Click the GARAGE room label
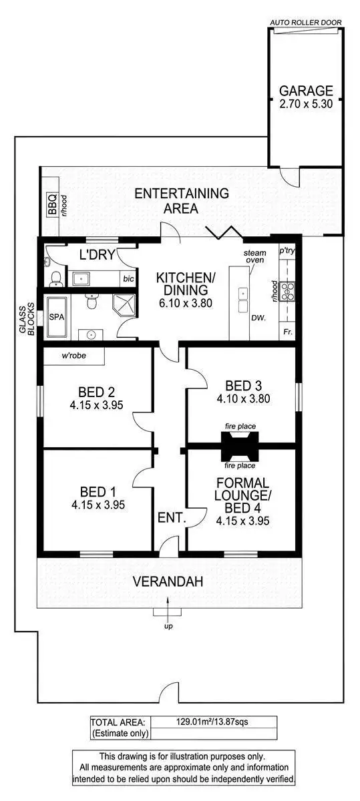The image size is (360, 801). click(x=305, y=91)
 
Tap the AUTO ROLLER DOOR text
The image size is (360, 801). click(x=306, y=23)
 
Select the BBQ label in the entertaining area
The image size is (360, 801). click(x=53, y=209)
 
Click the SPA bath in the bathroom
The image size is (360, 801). click(x=57, y=318)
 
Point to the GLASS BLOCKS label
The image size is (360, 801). click(x=26, y=318)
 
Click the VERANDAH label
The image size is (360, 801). click(x=167, y=581)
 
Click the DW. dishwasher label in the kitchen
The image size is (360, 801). click(x=256, y=318)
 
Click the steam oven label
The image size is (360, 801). click(x=254, y=257)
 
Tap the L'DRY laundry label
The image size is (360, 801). click(x=94, y=254)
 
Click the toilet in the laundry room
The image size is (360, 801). click(x=56, y=277)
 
